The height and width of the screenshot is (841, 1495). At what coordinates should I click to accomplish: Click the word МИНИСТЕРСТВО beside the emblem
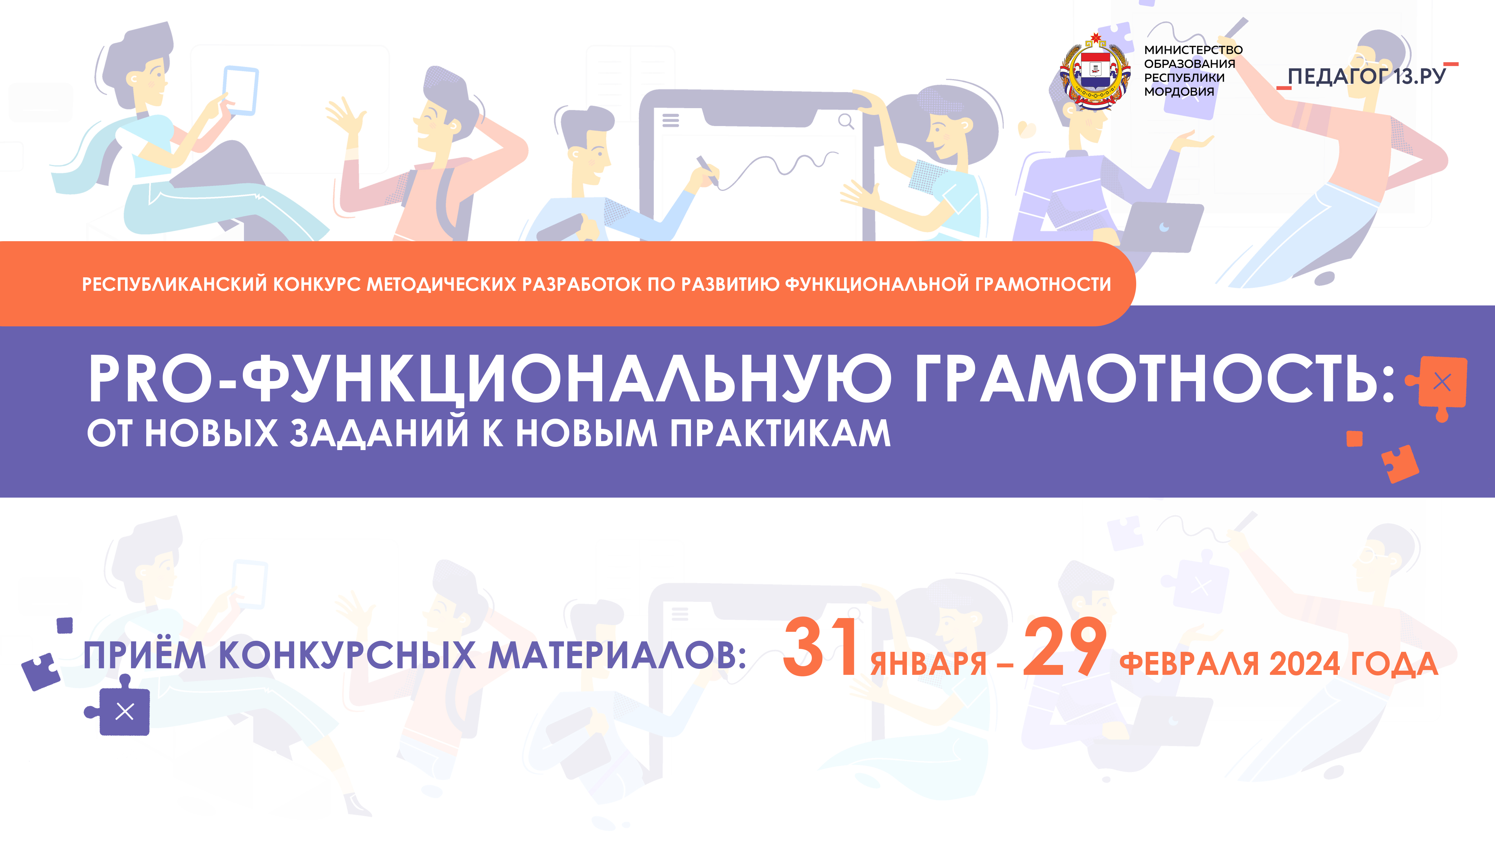pos(1193,50)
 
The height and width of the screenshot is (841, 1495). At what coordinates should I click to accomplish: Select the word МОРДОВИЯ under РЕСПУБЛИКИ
pos(1179,92)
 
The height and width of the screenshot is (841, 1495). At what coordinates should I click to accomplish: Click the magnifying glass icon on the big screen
pos(846,121)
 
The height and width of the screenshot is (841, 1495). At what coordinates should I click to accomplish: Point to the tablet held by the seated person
pos(241,90)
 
